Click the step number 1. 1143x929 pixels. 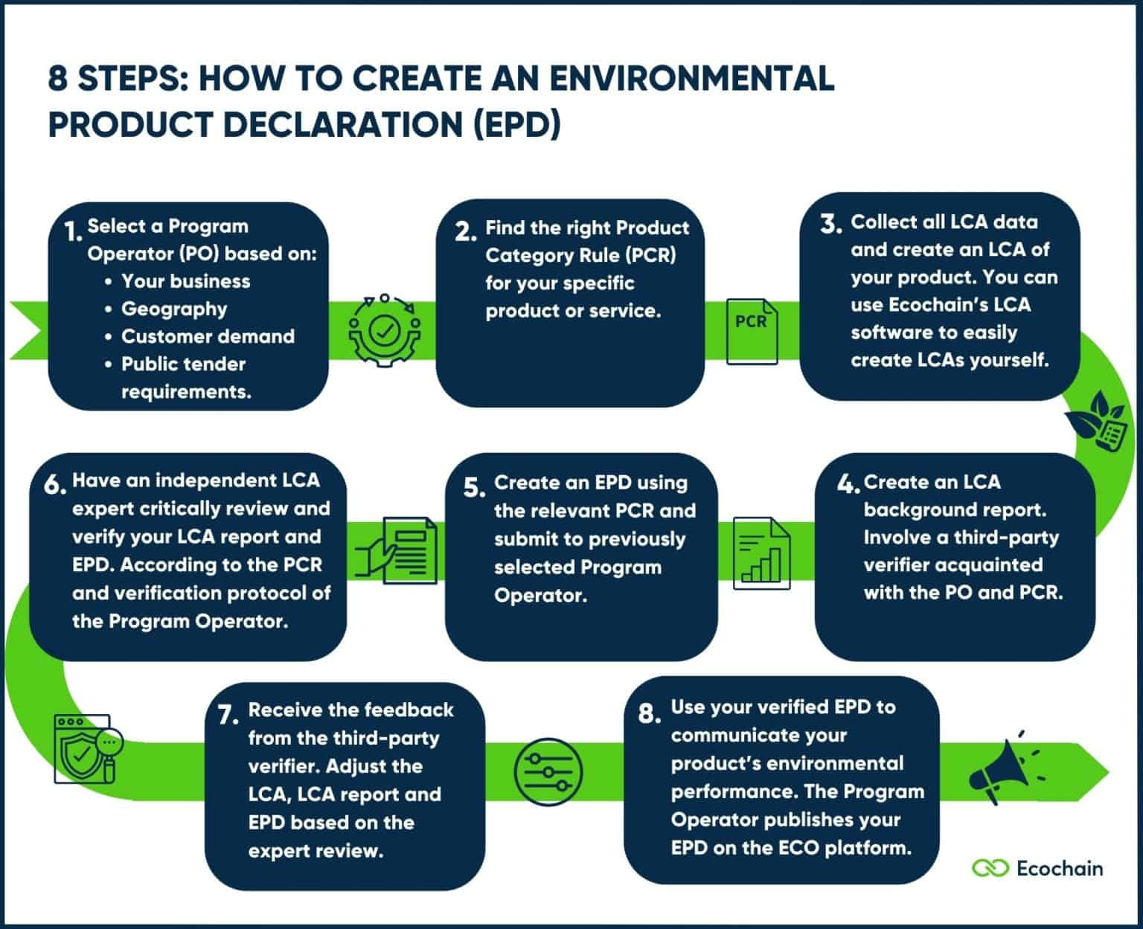point(72,232)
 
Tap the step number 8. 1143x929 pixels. point(649,714)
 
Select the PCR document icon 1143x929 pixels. point(752,330)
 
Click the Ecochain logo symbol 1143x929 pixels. point(990,868)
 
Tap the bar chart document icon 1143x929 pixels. point(761,554)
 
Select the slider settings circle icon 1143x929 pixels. point(548,771)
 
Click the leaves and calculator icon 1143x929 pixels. point(1097,420)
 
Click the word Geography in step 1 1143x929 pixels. point(174,309)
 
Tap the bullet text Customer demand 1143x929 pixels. point(208,336)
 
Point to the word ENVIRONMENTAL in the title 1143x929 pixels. point(696,78)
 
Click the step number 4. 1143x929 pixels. point(848,485)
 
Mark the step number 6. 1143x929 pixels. point(55,485)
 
